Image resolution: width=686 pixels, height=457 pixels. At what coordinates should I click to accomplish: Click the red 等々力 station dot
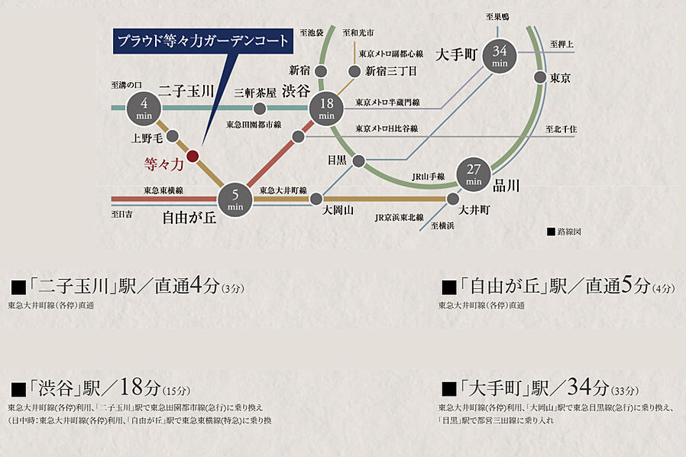193,156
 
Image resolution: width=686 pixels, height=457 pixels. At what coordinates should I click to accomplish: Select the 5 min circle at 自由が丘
235,199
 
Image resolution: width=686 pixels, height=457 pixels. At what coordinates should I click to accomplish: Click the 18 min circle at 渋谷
327,108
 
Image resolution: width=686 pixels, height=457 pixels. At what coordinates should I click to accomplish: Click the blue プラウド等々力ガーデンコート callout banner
202,39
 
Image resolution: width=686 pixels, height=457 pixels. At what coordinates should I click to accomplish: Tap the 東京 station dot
540,77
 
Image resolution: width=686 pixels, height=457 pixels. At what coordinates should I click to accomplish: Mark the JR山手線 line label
429,177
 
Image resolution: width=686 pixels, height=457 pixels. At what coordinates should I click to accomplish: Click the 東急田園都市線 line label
254,125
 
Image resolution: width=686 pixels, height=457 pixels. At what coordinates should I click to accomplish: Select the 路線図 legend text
568,230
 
